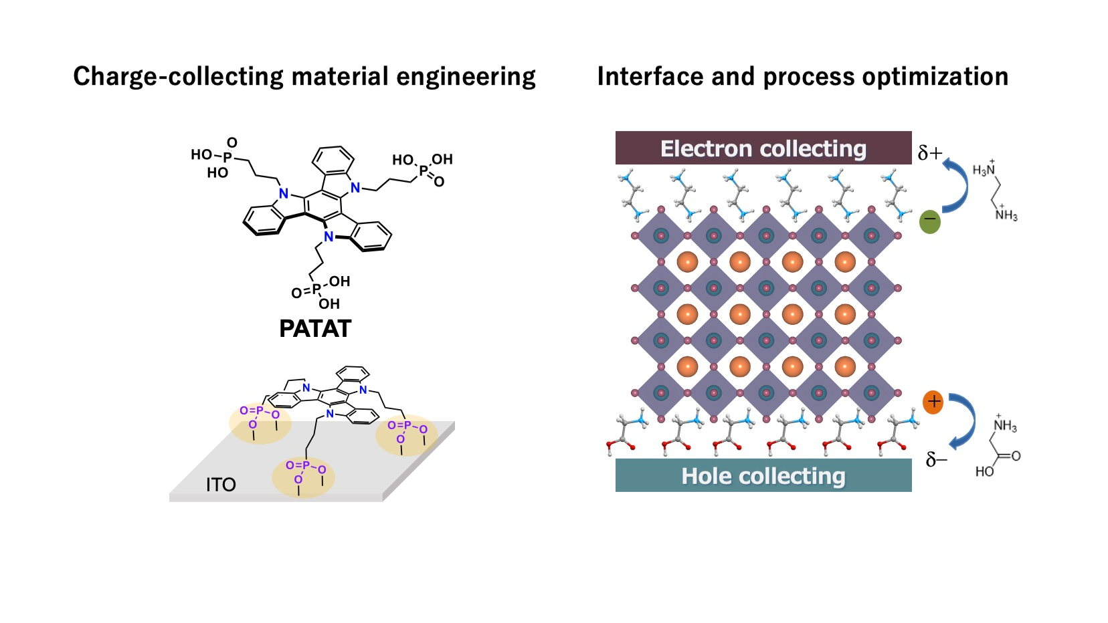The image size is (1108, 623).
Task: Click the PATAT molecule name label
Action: click(315, 329)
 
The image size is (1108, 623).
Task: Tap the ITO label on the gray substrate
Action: click(221, 485)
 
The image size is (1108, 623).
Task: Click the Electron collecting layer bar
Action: click(763, 148)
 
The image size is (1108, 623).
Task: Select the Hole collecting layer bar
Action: click(763, 475)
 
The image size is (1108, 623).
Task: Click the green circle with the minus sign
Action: click(930, 221)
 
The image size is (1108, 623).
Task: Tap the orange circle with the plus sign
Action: click(933, 402)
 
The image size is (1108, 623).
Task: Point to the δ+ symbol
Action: click(929, 154)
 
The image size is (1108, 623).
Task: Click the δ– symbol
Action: click(936, 460)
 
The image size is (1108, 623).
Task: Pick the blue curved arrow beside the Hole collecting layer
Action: click(963, 420)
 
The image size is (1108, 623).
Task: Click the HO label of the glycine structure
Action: click(984, 471)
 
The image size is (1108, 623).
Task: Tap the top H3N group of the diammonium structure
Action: click(984, 170)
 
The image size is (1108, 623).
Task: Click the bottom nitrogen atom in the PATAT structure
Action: click(329, 237)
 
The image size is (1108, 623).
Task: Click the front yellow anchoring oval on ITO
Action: click(303, 476)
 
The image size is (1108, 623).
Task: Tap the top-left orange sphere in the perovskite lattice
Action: click(687, 261)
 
